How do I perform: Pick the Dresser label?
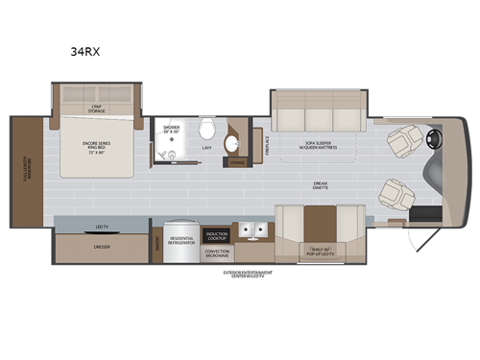pyautogui.click(x=98, y=246)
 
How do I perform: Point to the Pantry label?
pyautogui.click(x=156, y=246)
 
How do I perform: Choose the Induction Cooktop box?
pyautogui.click(x=216, y=234)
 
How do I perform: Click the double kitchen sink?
pyautogui.click(x=252, y=231)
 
